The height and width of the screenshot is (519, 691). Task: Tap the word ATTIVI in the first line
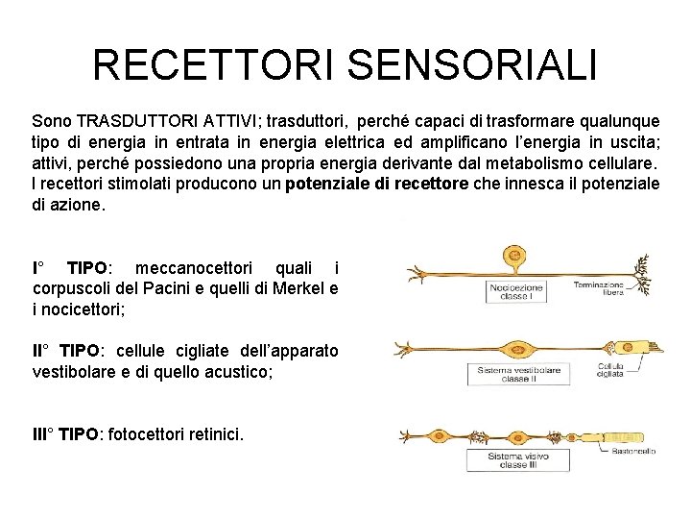[230, 122]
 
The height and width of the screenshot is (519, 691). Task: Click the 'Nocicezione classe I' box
[518, 292]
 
